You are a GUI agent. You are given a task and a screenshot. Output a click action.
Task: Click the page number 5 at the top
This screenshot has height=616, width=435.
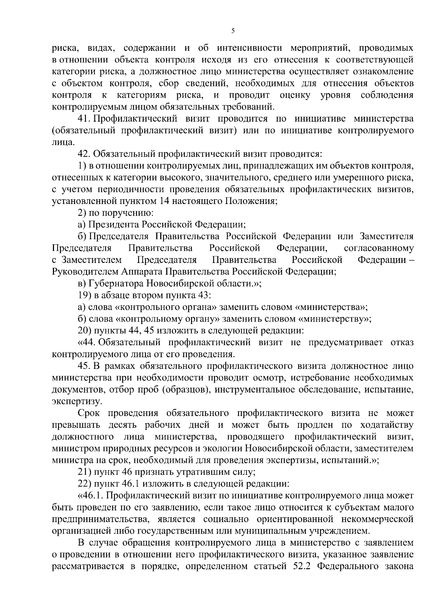click(233, 32)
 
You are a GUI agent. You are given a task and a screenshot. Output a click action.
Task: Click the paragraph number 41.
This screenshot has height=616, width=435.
click(85, 119)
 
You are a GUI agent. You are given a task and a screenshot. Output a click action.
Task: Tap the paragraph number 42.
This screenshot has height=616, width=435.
click(85, 154)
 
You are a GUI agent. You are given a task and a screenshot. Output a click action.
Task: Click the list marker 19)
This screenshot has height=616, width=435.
click(85, 295)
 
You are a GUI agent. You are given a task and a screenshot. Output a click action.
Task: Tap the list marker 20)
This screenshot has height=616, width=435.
click(85, 331)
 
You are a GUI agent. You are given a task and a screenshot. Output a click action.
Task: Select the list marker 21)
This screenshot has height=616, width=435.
click(85, 472)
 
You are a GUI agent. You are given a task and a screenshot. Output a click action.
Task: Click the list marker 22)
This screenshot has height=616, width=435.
click(85, 484)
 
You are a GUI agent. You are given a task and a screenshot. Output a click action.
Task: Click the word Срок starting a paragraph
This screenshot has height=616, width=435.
click(89, 413)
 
